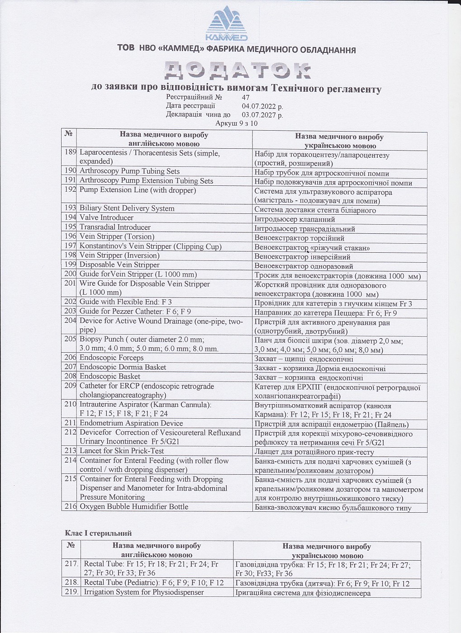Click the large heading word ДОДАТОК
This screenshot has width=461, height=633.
click(237, 71)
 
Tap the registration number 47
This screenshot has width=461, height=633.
click(246, 97)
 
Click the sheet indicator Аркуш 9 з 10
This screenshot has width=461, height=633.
click(236, 123)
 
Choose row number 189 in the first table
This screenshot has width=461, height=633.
click(70, 152)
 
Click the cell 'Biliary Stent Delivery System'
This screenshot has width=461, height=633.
click(127, 208)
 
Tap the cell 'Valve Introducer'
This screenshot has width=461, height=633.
click(106, 218)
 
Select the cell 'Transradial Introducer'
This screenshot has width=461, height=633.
click(115, 227)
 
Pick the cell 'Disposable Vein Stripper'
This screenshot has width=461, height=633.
click(119, 265)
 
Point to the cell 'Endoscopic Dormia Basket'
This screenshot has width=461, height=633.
click(123, 367)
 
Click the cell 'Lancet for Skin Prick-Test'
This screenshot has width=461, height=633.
click(122, 451)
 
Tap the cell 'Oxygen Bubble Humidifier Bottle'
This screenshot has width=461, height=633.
click(134, 506)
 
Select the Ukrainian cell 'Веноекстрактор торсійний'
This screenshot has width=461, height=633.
click(299, 238)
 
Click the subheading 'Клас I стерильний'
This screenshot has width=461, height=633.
click(98, 534)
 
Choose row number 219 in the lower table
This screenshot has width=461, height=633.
click(71, 592)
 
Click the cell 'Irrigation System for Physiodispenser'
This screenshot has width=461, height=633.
click(144, 592)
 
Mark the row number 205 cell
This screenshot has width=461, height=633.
click(70, 339)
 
